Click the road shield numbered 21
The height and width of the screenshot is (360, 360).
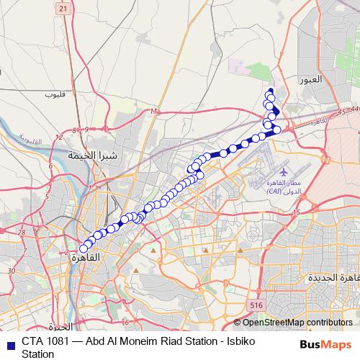click(x=63, y=8)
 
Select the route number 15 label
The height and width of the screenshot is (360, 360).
click(x=295, y=212)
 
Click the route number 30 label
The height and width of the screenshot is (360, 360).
click(x=10, y=270)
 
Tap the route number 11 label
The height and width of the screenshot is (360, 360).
click(x=154, y=112)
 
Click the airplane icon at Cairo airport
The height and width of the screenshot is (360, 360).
click(x=282, y=174)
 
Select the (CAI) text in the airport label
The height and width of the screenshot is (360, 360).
click(x=274, y=192)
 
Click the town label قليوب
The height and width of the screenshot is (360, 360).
click(x=55, y=94)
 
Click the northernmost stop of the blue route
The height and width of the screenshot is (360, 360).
click(x=270, y=91)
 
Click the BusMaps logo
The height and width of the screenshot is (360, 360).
click(x=325, y=345)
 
